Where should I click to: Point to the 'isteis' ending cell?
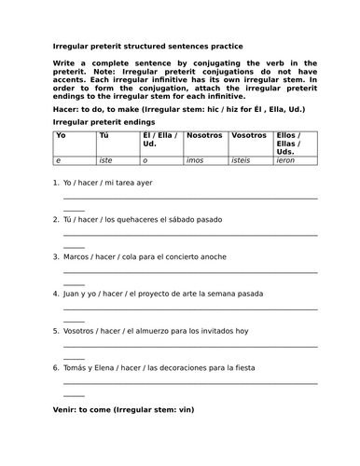point(241,161)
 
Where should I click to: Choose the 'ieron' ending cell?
point(286,161)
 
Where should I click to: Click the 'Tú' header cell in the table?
point(104,136)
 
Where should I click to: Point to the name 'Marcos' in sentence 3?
point(78,256)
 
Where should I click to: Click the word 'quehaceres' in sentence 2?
point(140,219)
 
